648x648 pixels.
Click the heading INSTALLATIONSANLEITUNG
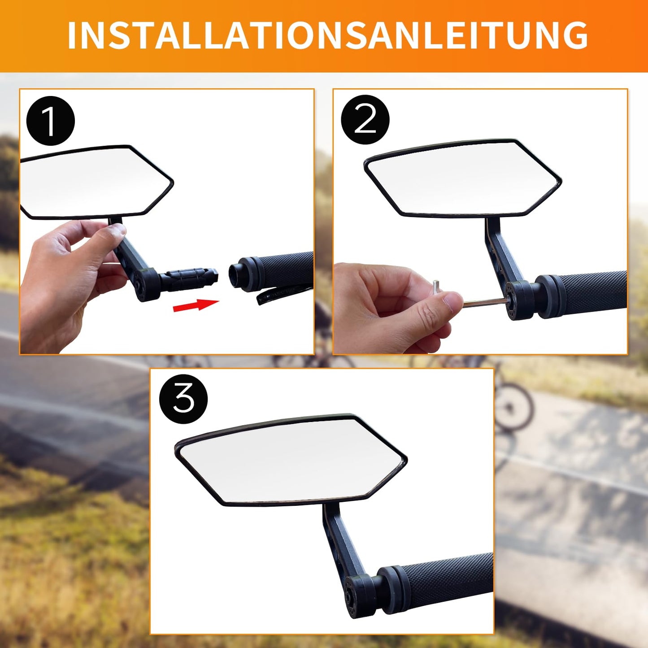coord(327,35)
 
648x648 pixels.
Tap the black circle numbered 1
coord(50,121)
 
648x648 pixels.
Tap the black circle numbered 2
coord(365,120)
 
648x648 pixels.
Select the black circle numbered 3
coord(183,399)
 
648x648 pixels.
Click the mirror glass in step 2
coord(462,178)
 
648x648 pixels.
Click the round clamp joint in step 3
coord(359,592)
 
